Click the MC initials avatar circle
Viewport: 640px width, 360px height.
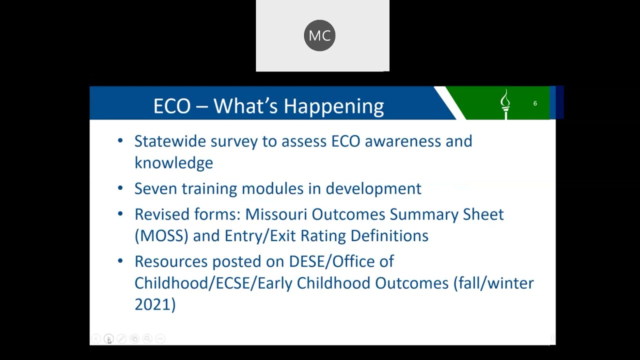(319, 35)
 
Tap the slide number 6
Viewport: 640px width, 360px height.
(535, 103)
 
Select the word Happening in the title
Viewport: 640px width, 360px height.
(333, 106)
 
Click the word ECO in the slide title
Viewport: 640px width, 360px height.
(172, 106)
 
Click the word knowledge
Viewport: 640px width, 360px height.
(173, 163)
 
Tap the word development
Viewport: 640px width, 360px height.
(373, 189)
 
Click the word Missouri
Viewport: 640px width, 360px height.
(276, 214)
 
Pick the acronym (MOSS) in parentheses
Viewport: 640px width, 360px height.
(161, 236)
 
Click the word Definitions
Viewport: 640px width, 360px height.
(389, 235)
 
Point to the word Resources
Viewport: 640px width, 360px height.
(171, 261)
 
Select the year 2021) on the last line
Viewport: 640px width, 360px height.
(155, 304)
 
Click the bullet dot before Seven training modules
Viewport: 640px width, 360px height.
(120, 188)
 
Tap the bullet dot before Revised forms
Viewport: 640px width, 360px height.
(120, 213)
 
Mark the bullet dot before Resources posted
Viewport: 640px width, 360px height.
(120, 261)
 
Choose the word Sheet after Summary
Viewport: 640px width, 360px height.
(483, 214)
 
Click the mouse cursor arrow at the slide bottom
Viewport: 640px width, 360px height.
(109, 341)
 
